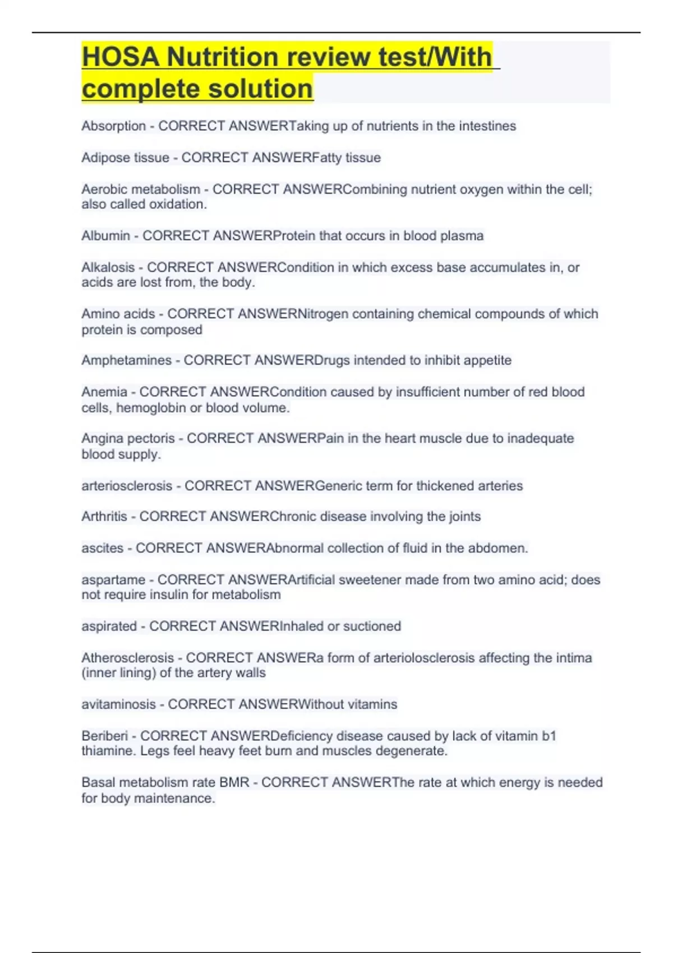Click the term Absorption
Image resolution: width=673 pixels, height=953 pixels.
[113, 126]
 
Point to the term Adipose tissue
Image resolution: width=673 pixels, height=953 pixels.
[125, 158]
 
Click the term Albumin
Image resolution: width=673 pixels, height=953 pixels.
[105, 236]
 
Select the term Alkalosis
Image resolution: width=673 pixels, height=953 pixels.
[108, 267]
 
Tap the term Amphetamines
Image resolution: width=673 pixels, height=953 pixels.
[126, 360]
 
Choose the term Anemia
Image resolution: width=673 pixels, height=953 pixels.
[104, 392]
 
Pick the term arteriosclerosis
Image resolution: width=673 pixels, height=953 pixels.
[127, 486]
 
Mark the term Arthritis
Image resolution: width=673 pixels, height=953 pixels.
[104, 516]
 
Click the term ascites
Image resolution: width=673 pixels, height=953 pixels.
[102, 548]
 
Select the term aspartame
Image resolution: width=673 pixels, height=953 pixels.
[113, 580]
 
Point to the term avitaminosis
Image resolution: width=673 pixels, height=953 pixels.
[118, 705]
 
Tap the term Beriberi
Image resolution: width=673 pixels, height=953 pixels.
[105, 736]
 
